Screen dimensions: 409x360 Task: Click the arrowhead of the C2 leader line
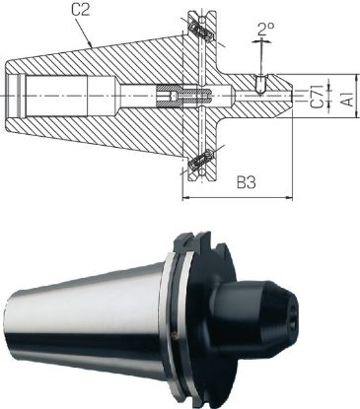coord(92,47)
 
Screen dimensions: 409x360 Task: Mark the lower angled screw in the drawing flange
coord(200,158)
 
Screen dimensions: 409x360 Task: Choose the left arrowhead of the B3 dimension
coord(185,193)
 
